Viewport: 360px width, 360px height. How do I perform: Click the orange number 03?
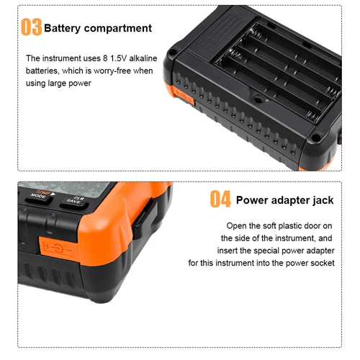(x=32, y=27)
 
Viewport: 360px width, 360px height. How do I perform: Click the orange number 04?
(x=220, y=199)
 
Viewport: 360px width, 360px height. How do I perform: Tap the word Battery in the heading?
(x=63, y=28)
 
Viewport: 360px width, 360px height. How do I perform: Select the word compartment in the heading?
(x=118, y=29)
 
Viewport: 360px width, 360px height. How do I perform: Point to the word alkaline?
(x=143, y=58)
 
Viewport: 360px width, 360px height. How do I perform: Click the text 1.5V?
(x=118, y=58)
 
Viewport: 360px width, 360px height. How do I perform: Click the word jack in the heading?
(x=323, y=200)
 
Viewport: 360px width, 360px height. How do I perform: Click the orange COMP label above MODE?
(x=43, y=192)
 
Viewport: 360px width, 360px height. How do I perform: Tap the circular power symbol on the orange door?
(x=58, y=248)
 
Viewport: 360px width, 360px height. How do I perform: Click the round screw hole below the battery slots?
(x=258, y=99)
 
